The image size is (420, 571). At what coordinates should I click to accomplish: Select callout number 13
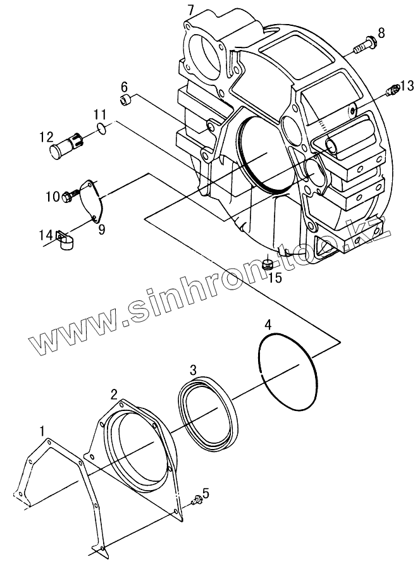point(407,85)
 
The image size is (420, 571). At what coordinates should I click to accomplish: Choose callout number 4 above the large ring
point(269,326)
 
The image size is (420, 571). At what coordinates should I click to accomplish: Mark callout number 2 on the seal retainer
point(114,395)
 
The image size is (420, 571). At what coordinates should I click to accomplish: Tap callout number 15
point(272,276)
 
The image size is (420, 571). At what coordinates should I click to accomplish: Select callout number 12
point(45,136)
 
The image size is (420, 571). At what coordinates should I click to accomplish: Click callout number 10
point(51,196)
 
